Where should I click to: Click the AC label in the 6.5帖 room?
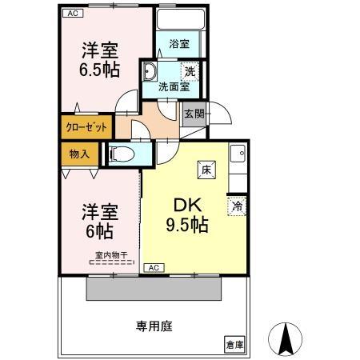coord(73,14)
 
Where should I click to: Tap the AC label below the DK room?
coord(154,267)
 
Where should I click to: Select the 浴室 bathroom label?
coord(180,44)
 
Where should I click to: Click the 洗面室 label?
coord(172,86)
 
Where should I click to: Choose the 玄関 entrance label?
coord(194,114)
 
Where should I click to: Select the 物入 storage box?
coord(79,152)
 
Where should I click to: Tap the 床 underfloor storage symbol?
coord(206,168)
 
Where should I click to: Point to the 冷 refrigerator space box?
coord(238,206)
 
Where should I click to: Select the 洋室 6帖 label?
coord(100,222)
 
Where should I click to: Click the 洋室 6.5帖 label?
coord(100,58)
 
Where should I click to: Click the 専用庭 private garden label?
coord(154,326)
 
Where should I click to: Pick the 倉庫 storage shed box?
coord(234,345)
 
